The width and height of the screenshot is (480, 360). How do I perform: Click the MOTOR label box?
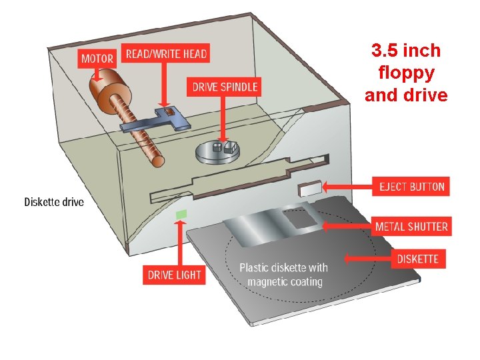pyautogui.click(x=97, y=57)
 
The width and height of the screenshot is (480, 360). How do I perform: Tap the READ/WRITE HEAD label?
pyautogui.click(x=166, y=53)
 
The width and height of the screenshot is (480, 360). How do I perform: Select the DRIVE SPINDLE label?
pyautogui.click(x=224, y=87)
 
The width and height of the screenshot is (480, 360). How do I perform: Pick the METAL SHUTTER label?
pyautogui.click(x=411, y=226)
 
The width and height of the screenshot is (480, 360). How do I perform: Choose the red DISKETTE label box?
pyautogui.click(x=417, y=258)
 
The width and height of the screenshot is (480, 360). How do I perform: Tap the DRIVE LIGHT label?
pyautogui.click(x=175, y=275)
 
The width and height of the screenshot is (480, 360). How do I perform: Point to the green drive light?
pyautogui.click(x=181, y=215)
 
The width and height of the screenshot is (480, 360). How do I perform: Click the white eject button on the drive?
pyautogui.click(x=311, y=189)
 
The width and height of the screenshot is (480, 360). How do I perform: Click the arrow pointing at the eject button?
pyautogui.click(x=347, y=187)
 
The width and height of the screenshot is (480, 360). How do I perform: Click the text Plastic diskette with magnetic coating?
pyautogui.click(x=284, y=275)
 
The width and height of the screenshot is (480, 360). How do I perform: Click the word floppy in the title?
pyautogui.click(x=405, y=72)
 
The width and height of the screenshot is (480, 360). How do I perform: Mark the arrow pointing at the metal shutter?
pyautogui.click(x=347, y=227)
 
